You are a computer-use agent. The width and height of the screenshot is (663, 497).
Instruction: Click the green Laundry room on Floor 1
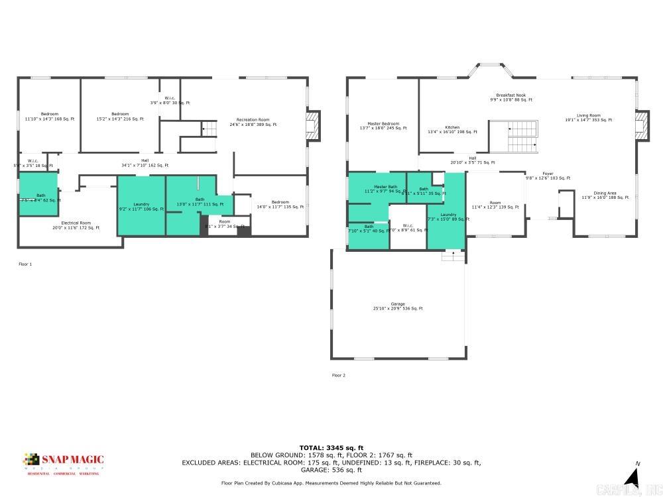tap(141, 206)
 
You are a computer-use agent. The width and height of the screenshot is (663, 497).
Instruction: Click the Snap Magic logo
tap(64, 462)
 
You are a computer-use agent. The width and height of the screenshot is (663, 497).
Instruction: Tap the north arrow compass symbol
tap(633, 476)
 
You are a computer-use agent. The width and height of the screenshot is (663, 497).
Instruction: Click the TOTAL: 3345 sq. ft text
tap(331, 448)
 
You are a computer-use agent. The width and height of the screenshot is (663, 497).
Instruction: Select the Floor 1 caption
tap(25, 264)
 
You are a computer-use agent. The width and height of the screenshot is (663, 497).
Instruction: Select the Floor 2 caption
tap(339, 375)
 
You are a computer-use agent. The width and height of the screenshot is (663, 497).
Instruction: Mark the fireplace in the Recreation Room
tap(312, 126)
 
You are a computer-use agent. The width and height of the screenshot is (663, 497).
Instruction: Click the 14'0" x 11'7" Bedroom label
tap(280, 205)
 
